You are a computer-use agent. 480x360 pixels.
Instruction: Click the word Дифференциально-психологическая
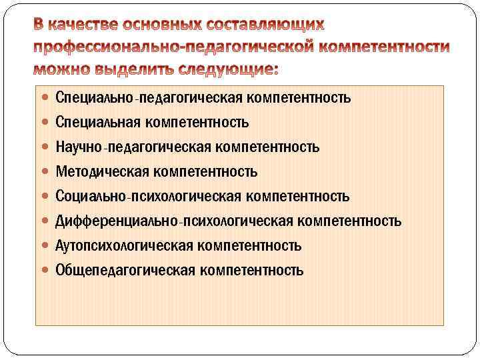tap(175, 221)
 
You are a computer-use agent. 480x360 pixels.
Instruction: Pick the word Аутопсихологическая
tap(124, 246)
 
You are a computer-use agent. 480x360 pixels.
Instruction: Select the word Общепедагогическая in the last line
tap(125, 271)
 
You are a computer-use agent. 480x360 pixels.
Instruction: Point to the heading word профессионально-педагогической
tap(171, 48)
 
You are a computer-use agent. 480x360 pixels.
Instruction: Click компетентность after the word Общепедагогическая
tap(251, 271)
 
